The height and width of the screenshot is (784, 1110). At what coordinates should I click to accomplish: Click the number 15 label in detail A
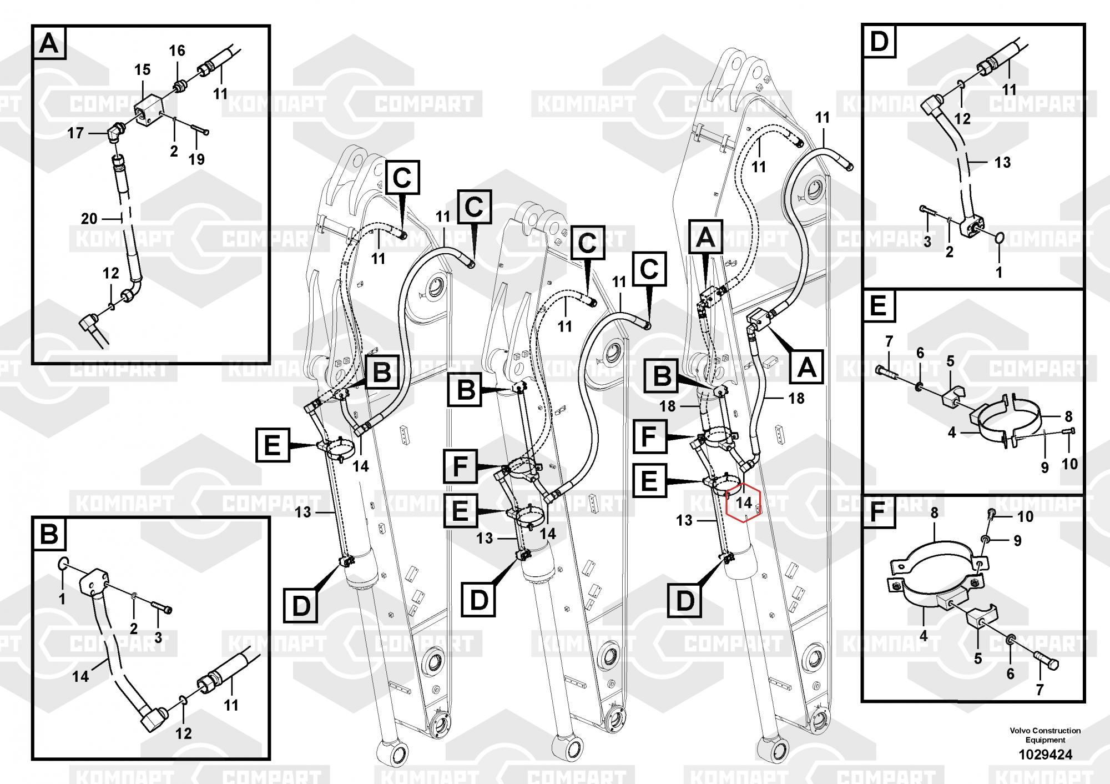pos(142,70)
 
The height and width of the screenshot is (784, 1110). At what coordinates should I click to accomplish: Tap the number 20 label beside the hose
pos(89,219)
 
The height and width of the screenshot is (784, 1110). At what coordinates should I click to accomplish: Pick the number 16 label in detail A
pos(176,51)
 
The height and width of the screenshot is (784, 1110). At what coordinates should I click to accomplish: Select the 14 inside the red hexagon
pos(744,502)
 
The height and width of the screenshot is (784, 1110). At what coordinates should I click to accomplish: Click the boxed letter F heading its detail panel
pos(877,512)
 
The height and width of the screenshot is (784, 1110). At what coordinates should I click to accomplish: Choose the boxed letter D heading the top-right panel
pos(880,41)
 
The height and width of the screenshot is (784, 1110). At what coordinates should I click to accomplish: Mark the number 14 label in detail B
pos(80,676)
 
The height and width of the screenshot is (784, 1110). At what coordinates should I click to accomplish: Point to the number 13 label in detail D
pos(1002,163)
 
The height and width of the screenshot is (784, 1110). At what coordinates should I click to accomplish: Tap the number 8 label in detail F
pos(935,513)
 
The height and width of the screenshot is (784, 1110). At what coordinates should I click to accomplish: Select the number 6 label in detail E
pos(920,353)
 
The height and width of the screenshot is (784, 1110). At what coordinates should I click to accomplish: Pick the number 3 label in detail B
pos(158,637)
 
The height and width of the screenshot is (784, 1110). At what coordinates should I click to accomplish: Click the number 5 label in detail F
pos(978,659)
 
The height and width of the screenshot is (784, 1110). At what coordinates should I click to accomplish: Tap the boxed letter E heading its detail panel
pos(878,306)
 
